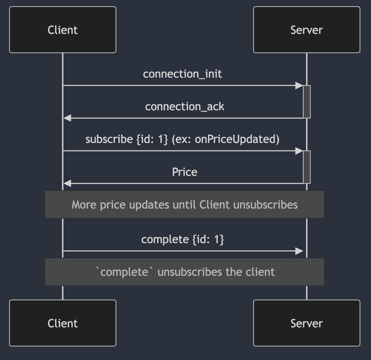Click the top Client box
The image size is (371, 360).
(63, 30)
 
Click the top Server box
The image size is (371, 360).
(306, 30)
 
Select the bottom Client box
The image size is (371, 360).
(63, 323)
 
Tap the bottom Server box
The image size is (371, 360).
(306, 323)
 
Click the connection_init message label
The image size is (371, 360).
(182, 74)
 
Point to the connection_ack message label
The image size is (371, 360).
(185, 107)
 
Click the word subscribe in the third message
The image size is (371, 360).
(109, 139)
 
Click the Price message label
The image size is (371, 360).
(185, 172)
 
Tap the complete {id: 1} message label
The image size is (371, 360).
(182, 240)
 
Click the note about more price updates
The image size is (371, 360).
(185, 205)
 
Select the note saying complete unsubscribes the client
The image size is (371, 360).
(185, 272)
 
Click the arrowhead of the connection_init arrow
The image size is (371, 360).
(299, 86)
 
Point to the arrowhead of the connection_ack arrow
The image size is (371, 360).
(67, 118)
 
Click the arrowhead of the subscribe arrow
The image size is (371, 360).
(299, 151)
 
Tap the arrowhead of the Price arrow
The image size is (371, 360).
(67, 183)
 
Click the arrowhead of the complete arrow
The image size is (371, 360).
(299, 251)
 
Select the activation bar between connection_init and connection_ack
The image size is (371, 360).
(306, 102)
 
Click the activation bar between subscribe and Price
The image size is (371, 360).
(306, 167)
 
